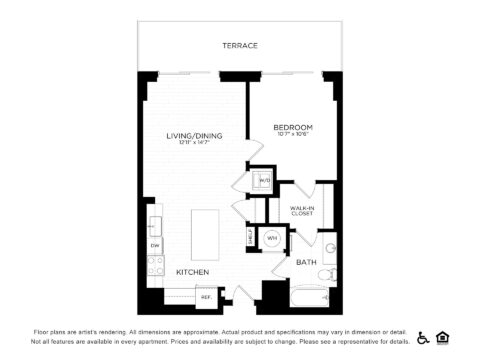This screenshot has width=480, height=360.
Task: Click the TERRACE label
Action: tap(240, 46)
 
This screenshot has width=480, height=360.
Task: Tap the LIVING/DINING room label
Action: tap(194, 135)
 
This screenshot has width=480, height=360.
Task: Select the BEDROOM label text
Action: tap(293, 127)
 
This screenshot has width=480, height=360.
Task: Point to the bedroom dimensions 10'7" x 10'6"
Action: tap(293, 135)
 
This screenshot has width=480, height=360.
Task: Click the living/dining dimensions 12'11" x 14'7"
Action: tap(194, 143)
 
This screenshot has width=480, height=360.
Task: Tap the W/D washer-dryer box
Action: tap(264, 180)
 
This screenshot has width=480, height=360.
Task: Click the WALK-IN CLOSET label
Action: tap(303, 211)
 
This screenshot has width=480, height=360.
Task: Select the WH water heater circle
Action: tap(271, 238)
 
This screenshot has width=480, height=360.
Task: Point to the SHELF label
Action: tap(250, 238)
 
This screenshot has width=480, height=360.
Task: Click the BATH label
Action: tap(306, 262)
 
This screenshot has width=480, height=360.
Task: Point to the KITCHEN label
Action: tap(192, 272)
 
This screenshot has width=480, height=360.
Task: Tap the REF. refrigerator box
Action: tap(206, 296)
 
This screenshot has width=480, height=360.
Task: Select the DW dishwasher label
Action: tap(155, 245)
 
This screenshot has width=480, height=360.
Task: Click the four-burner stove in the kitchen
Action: tap(156, 267)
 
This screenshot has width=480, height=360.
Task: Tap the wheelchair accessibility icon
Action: tap(423, 337)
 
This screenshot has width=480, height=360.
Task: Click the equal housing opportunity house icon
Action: tap(443, 337)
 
